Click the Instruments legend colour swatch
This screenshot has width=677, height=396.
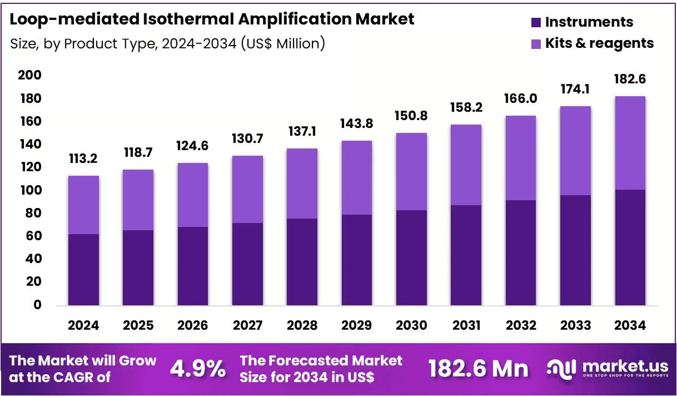(536, 22)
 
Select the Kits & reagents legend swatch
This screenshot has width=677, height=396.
(536, 44)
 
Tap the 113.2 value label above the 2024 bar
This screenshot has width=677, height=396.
(83, 159)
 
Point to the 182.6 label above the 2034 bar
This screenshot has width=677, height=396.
(630, 79)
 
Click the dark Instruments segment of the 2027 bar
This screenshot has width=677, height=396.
(247, 264)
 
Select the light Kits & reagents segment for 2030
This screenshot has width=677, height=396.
(412, 171)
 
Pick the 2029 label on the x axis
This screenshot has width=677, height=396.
(357, 325)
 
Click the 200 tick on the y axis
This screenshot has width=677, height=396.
(29, 75)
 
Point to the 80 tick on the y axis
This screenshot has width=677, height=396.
(33, 213)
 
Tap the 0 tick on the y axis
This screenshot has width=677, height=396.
(37, 305)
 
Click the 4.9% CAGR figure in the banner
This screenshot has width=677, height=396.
(198, 369)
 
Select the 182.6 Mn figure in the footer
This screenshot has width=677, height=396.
(479, 369)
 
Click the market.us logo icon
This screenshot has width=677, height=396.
(562, 369)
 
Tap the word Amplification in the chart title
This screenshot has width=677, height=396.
(295, 19)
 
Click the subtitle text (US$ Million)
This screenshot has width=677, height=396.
(283, 43)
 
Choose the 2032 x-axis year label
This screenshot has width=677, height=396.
(521, 325)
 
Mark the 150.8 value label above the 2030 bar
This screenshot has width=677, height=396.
(411, 116)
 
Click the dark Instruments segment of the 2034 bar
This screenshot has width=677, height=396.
(630, 247)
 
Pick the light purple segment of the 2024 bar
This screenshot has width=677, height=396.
(84, 205)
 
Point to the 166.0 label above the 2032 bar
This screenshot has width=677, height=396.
(520, 98)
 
